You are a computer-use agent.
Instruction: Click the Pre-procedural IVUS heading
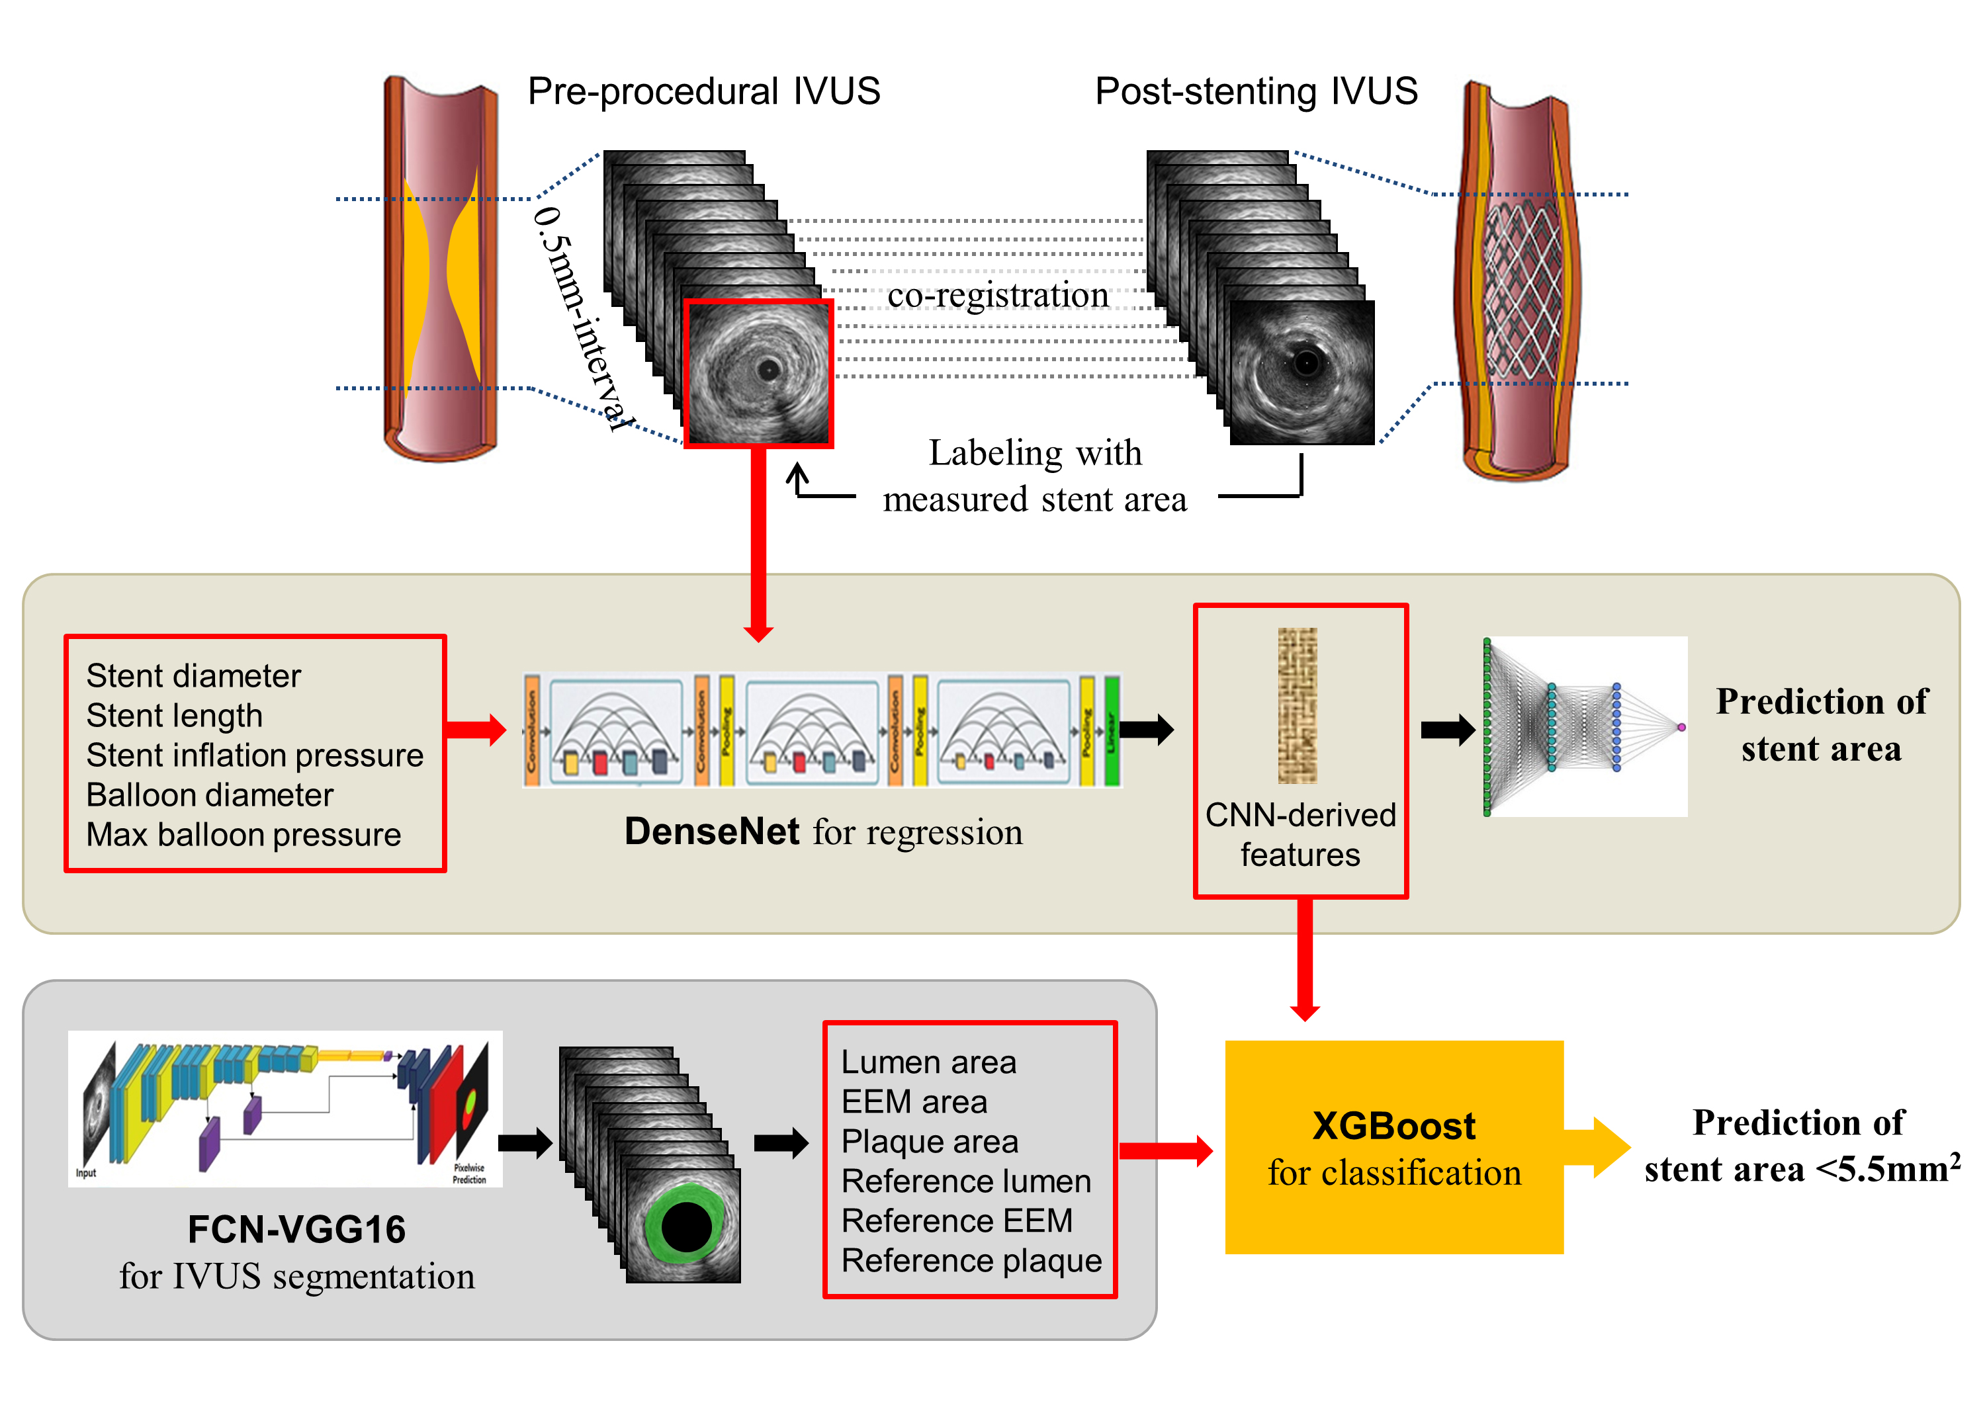pyautogui.click(x=703, y=91)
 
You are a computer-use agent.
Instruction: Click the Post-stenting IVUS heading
pyautogui.click(x=1256, y=91)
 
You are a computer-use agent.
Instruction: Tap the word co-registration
pyautogui.click(x=997, y=295)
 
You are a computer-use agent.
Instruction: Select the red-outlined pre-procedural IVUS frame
pyautogui.click(x=758, y=374)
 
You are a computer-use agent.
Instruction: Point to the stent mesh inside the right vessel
pyautogui.click(x=1522, y=288)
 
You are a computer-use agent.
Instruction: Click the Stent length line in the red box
pyautogui.click(x=175, y=716)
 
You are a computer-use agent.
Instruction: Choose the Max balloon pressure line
pyautogui.click(x=243, y=835)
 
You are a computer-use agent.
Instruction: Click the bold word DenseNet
pyautogui.click(x=711, y=832)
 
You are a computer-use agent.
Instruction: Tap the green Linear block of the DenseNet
pyautogui.click(x=1112, y=730)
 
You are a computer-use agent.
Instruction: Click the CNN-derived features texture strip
pyautogui.click(x=1298, y=705)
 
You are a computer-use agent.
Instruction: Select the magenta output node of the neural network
pyautogui.click(x=1681, y=727)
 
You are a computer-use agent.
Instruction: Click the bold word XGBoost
pyautogui.click(x=1393, y=1127)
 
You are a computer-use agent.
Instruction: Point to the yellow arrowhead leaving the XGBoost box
pyautogui.click(x=1610, y=1147)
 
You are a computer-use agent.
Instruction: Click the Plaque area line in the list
pyautogui.click(x=929, y=1141)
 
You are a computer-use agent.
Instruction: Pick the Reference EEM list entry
pyautogui.click(x=956, y=1221)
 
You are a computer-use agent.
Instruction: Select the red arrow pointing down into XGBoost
pyautogui.click(x=1304, y=960)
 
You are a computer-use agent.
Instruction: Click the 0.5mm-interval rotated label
pyautogui.click(x=580, y=318)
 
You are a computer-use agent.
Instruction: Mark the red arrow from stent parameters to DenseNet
pyautogui.click(x=476, y=730)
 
